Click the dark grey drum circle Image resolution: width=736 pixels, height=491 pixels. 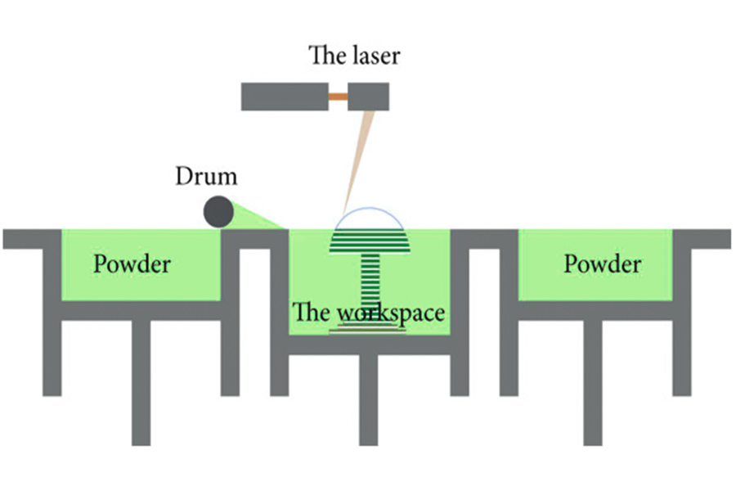tap(218, 212)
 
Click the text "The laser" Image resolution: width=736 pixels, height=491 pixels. tap(354, 56)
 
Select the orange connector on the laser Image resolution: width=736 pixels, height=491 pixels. tap(338, 97)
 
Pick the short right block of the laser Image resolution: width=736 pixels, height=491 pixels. tap(368, 97)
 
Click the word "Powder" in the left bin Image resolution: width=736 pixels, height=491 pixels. tap(132, 264)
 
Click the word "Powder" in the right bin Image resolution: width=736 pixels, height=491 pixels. tap(603, 264)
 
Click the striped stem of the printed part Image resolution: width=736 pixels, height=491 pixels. tap(370, 286)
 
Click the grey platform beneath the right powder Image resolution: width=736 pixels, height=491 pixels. tap(595, 310)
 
